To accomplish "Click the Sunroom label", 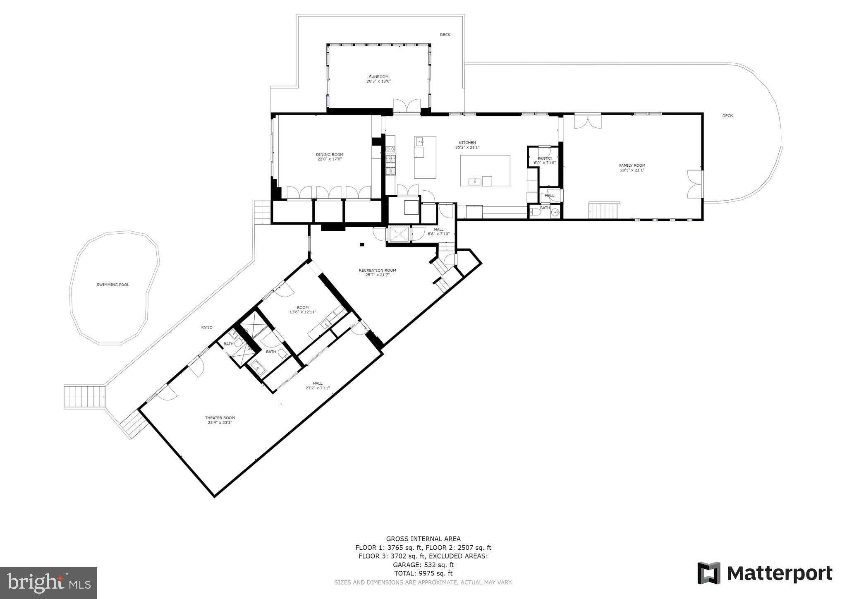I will click(x=378, y=77).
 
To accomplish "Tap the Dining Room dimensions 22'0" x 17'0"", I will click(x=330, y=159).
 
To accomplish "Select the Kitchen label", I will click(x=467, y=143).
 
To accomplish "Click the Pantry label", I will click(x=545, y=158).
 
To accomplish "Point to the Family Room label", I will click(x=632, y=165).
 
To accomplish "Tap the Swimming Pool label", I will click(x=112, y=285).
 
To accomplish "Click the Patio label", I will click(x=207, y=327).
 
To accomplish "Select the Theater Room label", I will click(x=220, y=418).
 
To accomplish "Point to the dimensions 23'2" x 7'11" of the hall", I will click(x=317, y=388).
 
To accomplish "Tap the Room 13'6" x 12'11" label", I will click(x=303, y=307).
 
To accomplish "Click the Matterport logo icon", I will click(x=709, y=573).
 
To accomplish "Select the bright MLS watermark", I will click(x=49, y=583).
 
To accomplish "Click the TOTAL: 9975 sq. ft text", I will click(x=423, y=573).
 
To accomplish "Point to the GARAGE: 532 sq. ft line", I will click(x=423, y=565).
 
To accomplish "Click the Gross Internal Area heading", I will click(x=423, y=539).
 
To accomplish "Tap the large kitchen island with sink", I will click(x=485, y=170).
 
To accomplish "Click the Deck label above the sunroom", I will click(x=445, y=35).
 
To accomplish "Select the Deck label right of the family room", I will click(x=727, y=116).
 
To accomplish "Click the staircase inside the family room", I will click(x=603, y=210).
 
